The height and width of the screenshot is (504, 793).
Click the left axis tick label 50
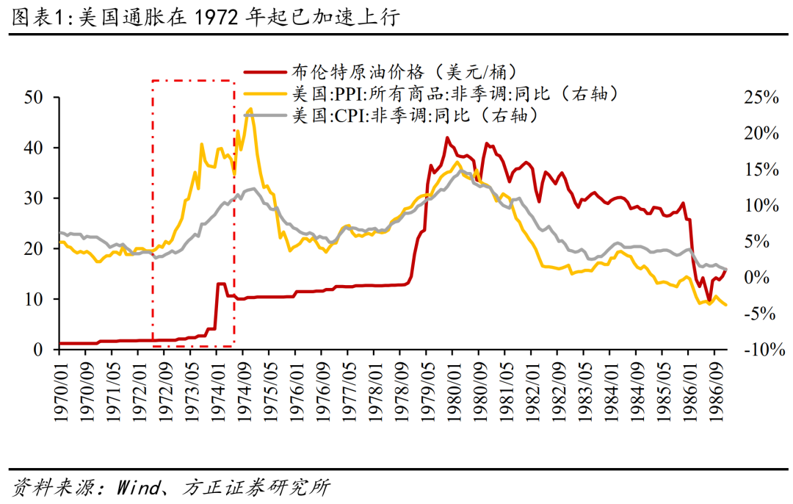click(x=35, y=97)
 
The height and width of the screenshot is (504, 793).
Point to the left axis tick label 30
click(x=35, y=198)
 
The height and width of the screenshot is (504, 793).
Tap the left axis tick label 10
click(x=35, y=300)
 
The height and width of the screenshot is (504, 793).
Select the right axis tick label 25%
click(x=760, y=97)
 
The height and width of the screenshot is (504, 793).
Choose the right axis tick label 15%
click(x=760, y=169)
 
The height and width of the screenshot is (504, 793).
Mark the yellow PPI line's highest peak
click(x=250, y=109)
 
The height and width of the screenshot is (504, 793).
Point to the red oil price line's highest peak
click(x=447, y=137)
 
